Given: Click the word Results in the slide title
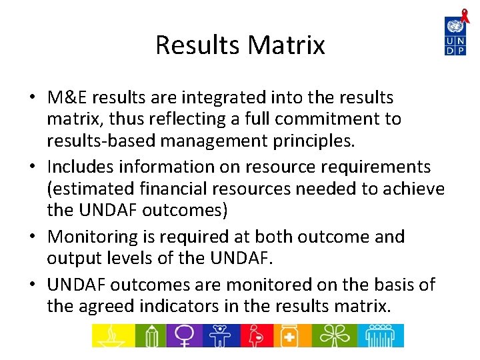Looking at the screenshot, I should coord(198,45).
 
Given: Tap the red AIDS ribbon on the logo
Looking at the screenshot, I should coord(465,17).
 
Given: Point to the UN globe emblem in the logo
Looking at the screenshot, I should coord(455,26).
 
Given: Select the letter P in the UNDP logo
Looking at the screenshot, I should coord(461,49).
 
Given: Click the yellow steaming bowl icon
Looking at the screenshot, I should coord(111,335).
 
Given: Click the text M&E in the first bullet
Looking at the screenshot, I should coord(67,97).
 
